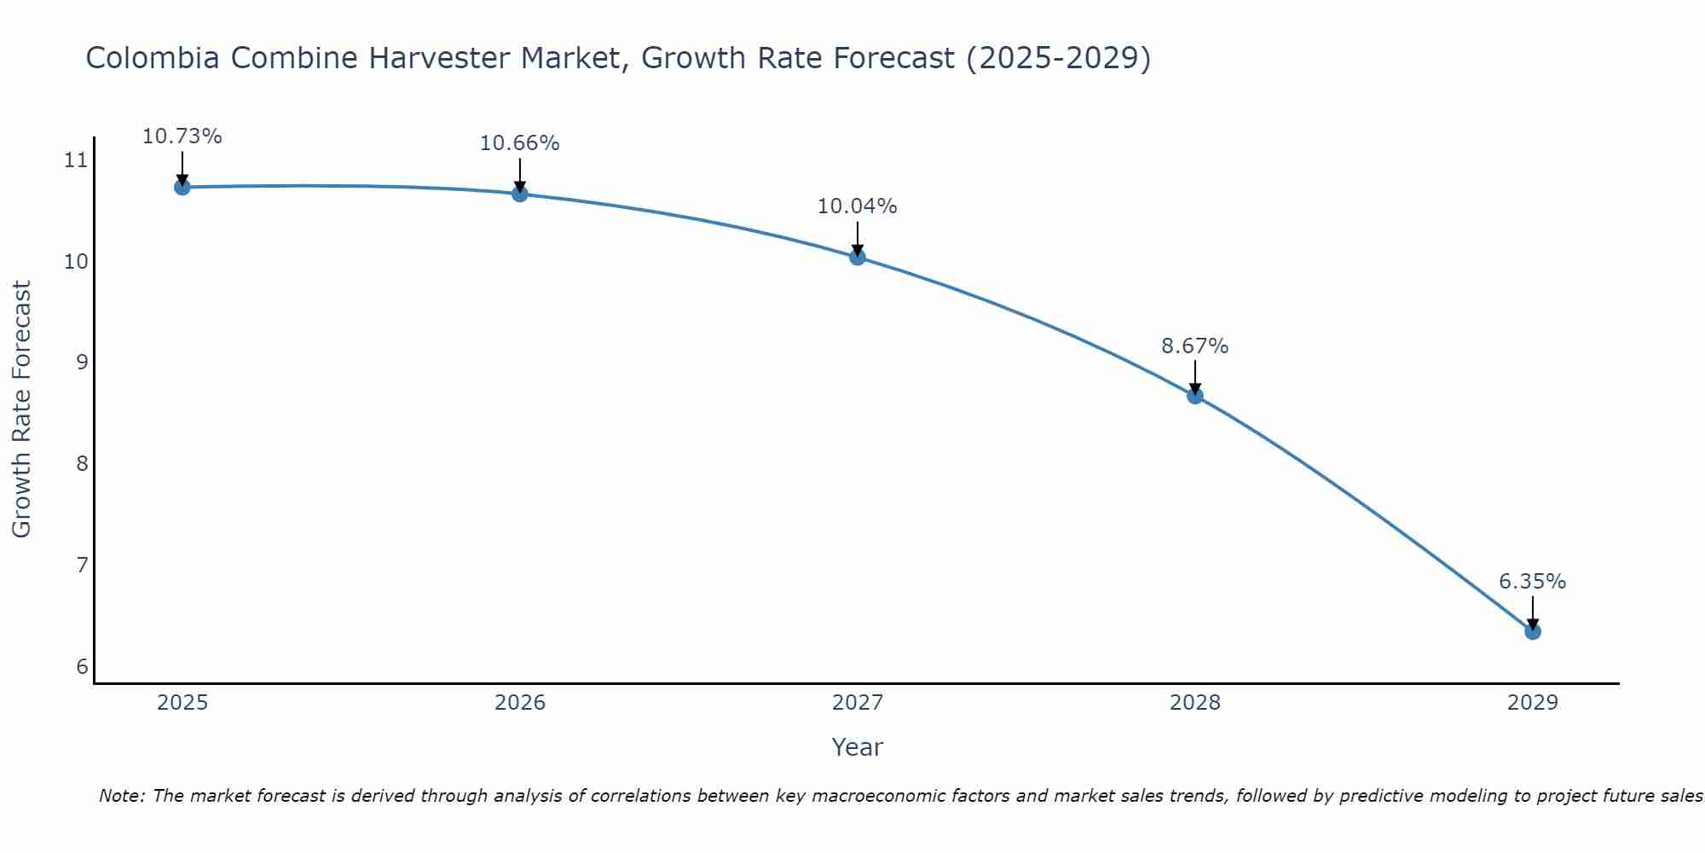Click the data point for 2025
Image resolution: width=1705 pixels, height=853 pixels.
[182, 187]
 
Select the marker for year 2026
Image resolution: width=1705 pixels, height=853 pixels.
[519, 194]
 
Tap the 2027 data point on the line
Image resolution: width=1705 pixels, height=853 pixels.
[857, 257]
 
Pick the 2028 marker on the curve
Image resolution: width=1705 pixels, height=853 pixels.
[1194, 396]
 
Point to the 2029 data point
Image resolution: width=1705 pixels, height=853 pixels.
[1532, 631]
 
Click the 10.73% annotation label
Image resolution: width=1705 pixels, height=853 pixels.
[182, 136]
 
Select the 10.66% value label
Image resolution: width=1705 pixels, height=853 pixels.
[519, 143]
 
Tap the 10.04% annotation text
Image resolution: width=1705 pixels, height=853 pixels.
[857, 206]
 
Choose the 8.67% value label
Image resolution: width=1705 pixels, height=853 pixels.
[1194, 346]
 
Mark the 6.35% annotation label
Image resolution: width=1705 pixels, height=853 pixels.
[1532, 582]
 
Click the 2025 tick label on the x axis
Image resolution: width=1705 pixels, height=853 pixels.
[182, 703]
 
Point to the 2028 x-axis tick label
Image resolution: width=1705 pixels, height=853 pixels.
[1194, 703]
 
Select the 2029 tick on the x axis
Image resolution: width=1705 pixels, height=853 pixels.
[1532, 703]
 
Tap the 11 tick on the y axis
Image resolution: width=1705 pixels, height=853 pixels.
[76, 160]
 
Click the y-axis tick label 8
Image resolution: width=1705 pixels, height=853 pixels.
[82, 464]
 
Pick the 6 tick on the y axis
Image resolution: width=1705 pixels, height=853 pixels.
[82, 666]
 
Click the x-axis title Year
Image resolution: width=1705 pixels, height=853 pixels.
[857, 747]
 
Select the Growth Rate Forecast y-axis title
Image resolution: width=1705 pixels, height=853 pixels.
[22, 409]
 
